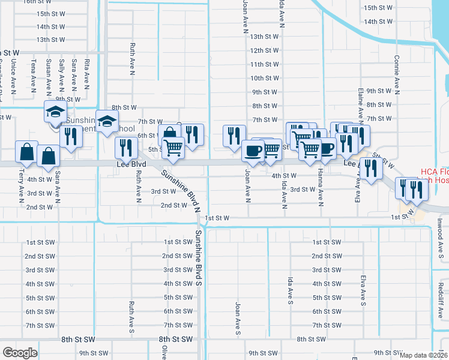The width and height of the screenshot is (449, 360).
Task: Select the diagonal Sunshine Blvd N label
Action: pos(179,188)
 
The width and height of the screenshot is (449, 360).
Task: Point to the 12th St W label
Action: pos(264,50)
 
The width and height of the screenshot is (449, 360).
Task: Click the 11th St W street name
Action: pos(264,64)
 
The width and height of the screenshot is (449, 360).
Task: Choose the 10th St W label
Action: pos(264,78)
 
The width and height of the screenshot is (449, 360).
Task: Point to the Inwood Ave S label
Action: pos(440,236)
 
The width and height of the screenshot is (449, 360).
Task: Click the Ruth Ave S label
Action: pos(131,317)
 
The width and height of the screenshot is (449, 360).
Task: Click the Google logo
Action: pos(20,353)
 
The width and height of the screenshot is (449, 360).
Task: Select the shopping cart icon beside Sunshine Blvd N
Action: pos(173,148)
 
